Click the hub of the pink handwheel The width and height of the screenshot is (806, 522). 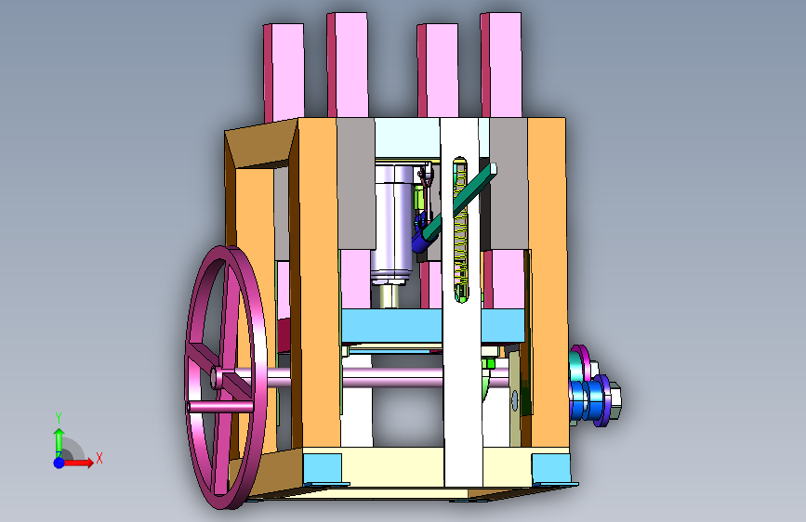(x=216, y=378)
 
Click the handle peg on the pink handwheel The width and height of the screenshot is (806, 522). (x=220, y=407)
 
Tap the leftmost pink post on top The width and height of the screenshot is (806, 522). (x=284, y=73)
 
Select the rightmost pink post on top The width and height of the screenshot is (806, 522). (x=501, y=65)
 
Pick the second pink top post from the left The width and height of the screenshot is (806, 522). (x=348, y=65)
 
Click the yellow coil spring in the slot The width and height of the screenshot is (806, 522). (x=461, y=230)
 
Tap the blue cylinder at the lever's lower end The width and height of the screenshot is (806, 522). (x=421, y=236)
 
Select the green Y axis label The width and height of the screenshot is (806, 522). (x=59, y=418)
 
